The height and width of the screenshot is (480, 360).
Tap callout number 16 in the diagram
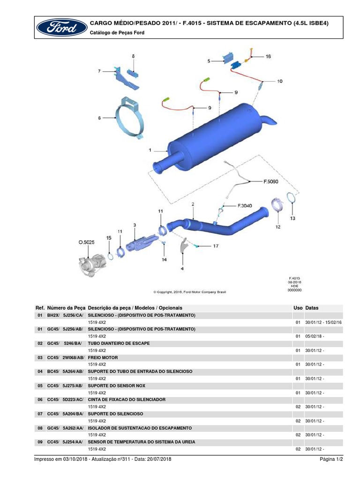pos(268,56)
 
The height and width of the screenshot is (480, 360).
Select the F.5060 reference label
pos(270,180)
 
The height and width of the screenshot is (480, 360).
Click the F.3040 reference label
pos(245,205)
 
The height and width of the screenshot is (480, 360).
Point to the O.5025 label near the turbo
pos(86,242)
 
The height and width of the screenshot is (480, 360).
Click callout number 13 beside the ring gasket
pos(292,218)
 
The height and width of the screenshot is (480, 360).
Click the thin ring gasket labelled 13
pos(291,198)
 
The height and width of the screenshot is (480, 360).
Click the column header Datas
pos(312,308)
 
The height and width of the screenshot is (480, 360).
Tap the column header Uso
pos(298,308)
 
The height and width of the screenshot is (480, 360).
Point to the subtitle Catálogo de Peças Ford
pos(117,33)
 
